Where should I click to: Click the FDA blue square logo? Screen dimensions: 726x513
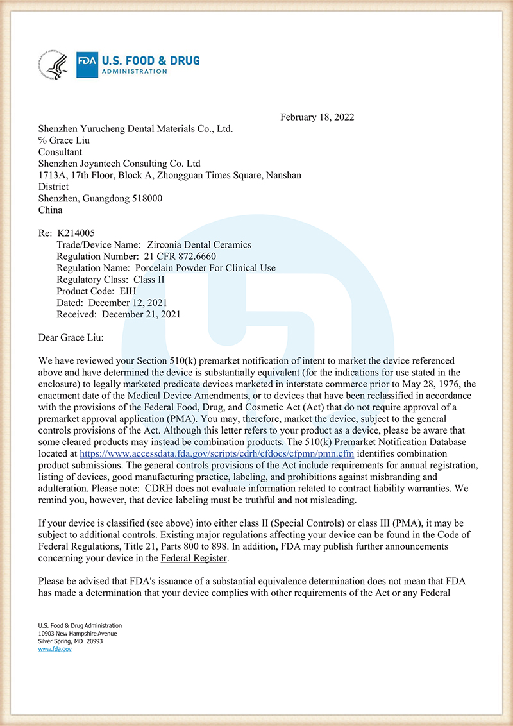(x=87, y=65)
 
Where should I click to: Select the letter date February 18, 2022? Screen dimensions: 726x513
(x=317, y=117)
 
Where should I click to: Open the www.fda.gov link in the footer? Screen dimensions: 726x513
(x=55, y=649)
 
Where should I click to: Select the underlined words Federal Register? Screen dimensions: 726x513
(x=194, y=558)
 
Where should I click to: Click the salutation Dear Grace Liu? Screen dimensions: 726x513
(x=70, y=337)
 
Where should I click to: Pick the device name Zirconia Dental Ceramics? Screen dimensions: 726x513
(x=199, y=244)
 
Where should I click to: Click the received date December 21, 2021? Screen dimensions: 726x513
(x=141, y=314)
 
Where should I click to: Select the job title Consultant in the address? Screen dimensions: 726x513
(x=60, y=152)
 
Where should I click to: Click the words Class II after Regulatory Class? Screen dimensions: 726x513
(x=149, y=280)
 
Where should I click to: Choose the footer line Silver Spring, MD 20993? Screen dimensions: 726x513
(x=70, y=641)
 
